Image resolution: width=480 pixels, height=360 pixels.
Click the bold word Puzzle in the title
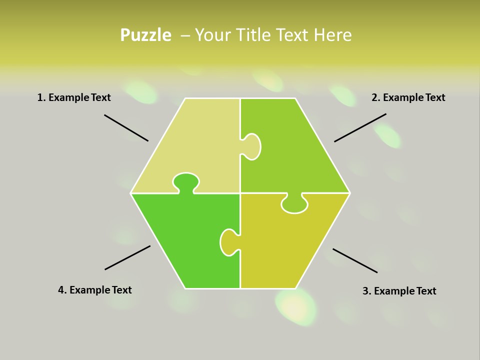coord(145,35)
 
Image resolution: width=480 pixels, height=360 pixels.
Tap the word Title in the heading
coord(253,35)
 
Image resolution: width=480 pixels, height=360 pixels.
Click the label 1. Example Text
coord(74,97)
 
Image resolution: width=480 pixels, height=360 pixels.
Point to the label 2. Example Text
coord(408,97)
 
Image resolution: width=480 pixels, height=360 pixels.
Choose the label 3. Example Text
coord(399,291)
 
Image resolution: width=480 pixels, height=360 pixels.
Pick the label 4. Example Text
coord(94,290)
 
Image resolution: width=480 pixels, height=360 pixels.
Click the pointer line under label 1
coord(126,128)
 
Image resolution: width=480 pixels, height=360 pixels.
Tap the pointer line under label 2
coord(360,127)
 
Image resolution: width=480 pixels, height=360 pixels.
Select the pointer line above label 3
coord(355,260)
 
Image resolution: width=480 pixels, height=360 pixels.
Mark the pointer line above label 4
coord(127,257)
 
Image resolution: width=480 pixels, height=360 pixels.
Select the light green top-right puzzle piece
coord(295,150)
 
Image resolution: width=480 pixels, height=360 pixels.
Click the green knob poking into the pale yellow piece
coord(186,182)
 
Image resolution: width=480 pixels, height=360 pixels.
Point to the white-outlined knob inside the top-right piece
coord(252,146)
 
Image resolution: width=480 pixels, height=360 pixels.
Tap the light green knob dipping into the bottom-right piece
coord(294,203)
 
